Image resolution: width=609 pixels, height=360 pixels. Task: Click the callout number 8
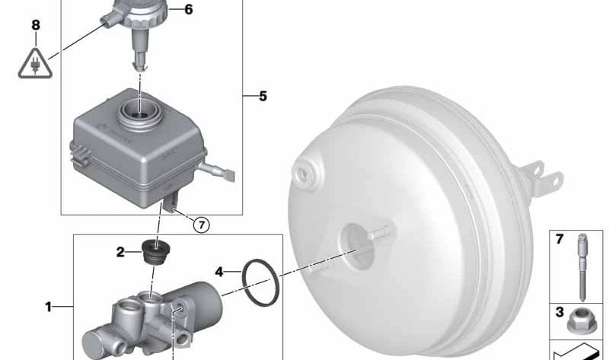coord(34,25)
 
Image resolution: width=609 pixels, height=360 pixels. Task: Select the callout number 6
coord(189,10)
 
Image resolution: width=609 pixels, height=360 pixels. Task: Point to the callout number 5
coord(263,97)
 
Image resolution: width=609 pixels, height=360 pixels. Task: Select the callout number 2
coord(120,252)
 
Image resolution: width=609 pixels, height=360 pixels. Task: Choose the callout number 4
coord(219,270)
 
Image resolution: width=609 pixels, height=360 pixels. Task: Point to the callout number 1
coord(48,307)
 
